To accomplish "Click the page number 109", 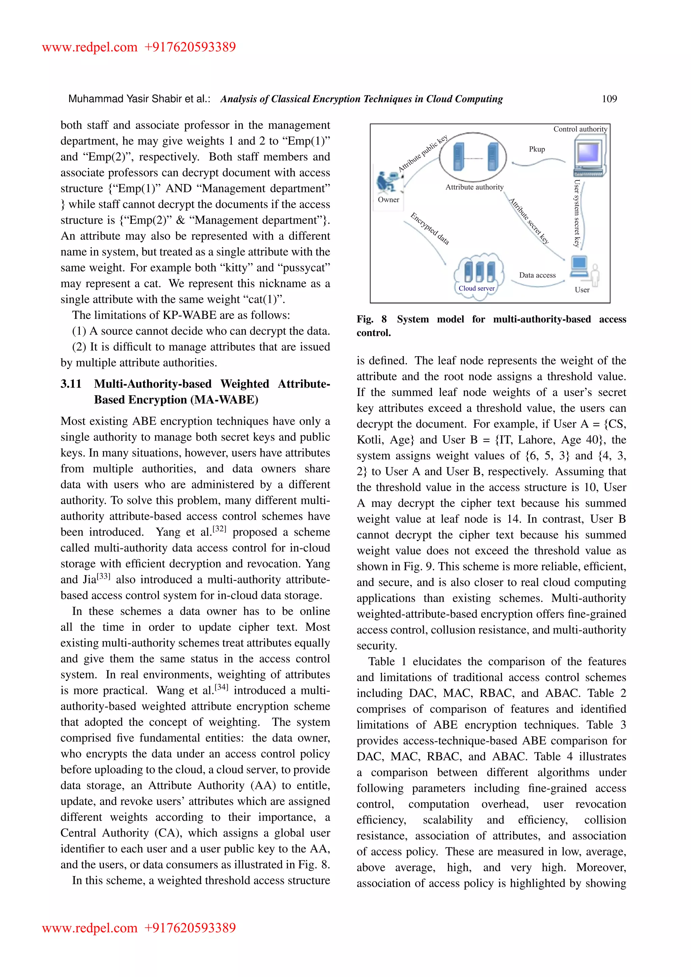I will (x=609, y=99).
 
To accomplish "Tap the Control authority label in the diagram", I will (x=580, y=129).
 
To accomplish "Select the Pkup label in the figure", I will (x=536, y=149).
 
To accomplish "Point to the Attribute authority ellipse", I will (x=473, y=157).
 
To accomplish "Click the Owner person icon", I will (x=387, y=182).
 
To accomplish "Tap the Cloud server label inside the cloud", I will (x=476, y=288).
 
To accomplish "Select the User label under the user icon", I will (x=582, y=290).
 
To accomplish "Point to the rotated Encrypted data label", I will (x=430, y=228).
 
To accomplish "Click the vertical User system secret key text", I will (x=577, y=213).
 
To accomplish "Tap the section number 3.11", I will (x=71, y=384).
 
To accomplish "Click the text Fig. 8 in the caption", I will (x=371, y=319).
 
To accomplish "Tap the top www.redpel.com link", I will (x=90, y=47).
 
